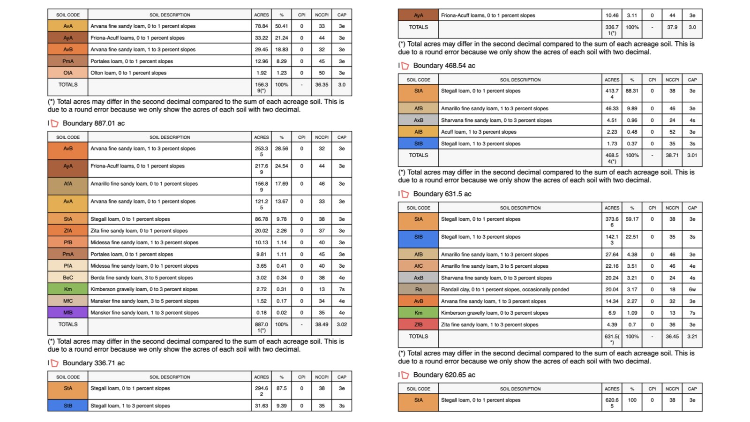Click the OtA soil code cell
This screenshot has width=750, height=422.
[x=68, y=73]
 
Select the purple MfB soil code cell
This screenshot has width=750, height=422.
[x=68, y=313]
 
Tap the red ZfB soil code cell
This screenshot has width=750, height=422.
[x=418, y=324]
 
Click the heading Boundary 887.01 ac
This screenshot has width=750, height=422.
[x=93, y=123]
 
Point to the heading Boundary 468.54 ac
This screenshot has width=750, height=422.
[x=444, y=66]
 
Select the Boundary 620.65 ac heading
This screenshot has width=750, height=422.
[x=444, y=375]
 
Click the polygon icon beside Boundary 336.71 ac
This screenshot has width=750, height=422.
[x=55, y=363]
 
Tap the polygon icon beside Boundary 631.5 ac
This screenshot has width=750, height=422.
[x=405, y=194]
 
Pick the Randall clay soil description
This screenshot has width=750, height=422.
[x=505, y=289]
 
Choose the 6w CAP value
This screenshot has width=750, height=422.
[x=692, y=289]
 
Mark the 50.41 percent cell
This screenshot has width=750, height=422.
[x=281, y=26]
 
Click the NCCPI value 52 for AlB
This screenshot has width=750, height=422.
[x=672, y=132]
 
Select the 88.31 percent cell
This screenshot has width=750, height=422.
[x=632, y=91]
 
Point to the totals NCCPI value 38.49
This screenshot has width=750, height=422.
[x=322, y=324]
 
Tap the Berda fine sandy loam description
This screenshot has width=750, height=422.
[x=142, y=278]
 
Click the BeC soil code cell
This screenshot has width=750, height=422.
[x=68, y=278]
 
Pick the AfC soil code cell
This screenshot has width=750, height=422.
[x=418, y=266]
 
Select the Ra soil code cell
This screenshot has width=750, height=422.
[x=418, y=289]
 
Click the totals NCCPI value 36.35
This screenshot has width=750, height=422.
[x=322, y=85]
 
